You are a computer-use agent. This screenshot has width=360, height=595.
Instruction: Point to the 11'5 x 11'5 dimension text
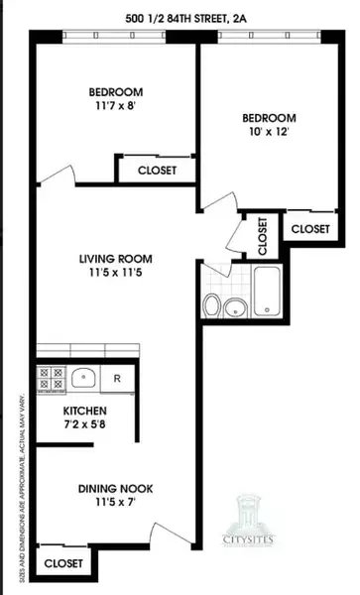pos(116,276)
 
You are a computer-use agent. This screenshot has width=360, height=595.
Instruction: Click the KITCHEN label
pos(85,411)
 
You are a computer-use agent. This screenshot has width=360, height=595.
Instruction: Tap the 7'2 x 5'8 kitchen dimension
pos(85,427)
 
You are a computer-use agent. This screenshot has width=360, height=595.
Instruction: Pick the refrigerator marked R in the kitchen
pos(117,378)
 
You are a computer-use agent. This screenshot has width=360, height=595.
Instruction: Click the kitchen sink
pos(83,378)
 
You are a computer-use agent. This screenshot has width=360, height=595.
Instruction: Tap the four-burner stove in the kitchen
pos(50,378)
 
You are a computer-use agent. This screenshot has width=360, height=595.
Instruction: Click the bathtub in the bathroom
pos(269,292)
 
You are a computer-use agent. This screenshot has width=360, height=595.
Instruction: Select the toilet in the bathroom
pos(212,306)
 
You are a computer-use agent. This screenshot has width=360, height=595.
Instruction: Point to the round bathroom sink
pos(235,306)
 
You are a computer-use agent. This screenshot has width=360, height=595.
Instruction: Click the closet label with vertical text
pos(263,236)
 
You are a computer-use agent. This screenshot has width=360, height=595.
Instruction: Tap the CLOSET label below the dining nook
pos(64,564)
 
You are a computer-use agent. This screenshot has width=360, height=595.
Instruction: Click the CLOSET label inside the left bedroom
pos(157,170)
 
